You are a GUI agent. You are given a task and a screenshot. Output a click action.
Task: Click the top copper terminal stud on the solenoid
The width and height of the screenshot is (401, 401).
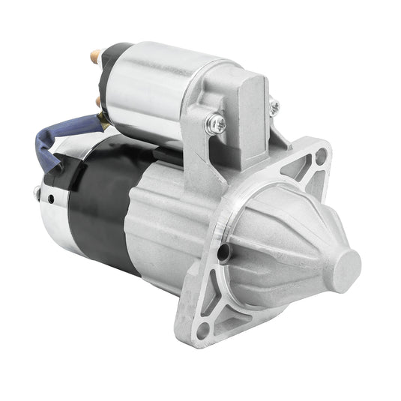[x=95, y=55]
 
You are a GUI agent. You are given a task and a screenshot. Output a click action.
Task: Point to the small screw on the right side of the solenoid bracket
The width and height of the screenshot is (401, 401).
[x=274, y=106]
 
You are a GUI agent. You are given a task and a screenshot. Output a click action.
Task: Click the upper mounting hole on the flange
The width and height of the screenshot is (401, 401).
[x=322, y=157]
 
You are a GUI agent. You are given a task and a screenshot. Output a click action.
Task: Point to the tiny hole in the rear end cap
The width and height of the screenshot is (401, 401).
[x=49, y=199]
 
